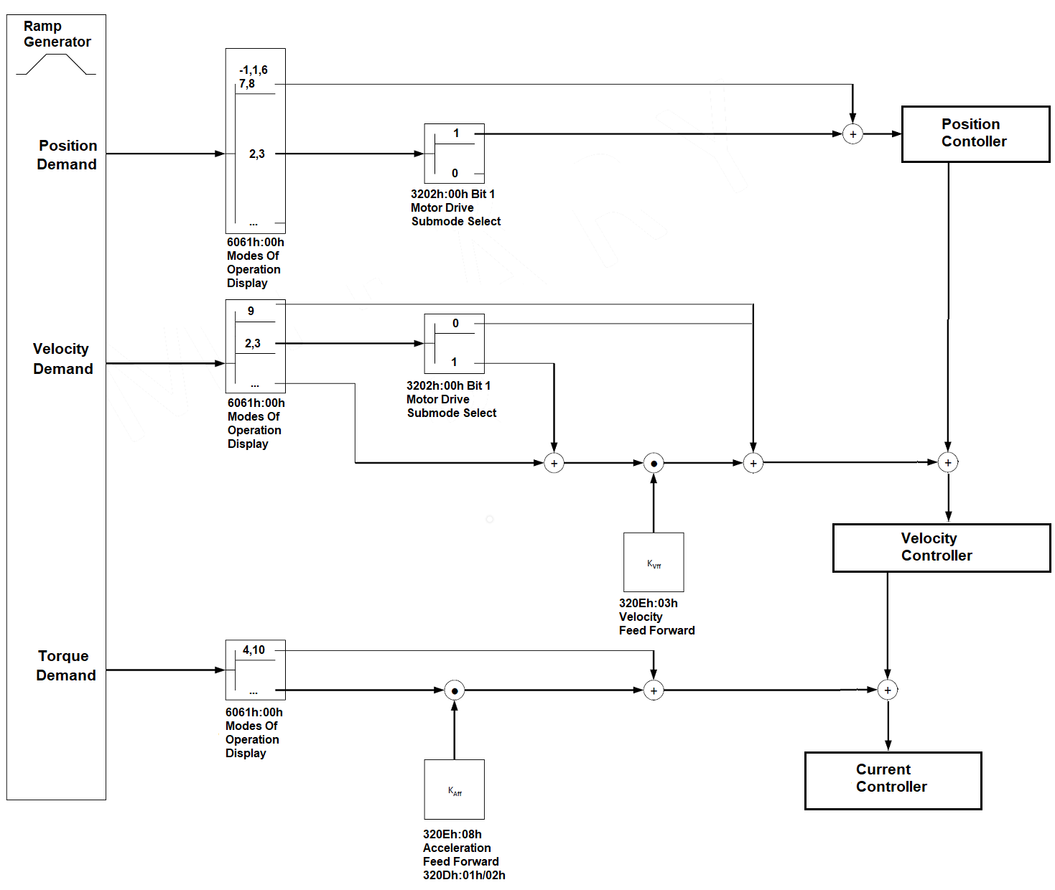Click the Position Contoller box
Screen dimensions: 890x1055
pos(975,134)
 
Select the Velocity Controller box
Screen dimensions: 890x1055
pos(941,548)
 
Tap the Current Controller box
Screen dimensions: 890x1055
pos(893,780)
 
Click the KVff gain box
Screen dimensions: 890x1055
pos(654,562)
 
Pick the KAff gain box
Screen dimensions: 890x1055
pos(454,789)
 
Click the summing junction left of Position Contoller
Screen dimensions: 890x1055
pos(852,134)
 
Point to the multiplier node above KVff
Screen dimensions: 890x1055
pos(654,464)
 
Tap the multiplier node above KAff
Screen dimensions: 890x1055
pos(454,690)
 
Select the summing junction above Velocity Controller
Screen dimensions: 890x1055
pos(948,463)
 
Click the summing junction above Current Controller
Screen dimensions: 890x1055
pos(888,690)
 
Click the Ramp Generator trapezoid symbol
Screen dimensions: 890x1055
pos(56,65)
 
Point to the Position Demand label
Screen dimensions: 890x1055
pos(67,155)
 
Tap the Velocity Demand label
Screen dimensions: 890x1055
pos(62,359)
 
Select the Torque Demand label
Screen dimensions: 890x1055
pos(65,665)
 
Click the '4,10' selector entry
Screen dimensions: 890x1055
pos(254,650)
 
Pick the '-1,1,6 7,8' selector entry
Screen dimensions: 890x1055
pos(253,77)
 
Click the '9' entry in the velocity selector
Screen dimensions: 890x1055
pos(251,311)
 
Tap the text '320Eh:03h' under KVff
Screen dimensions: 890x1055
pos(648,604)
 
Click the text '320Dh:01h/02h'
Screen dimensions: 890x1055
pos(464,876)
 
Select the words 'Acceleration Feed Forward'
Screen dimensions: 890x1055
pos(460,855)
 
